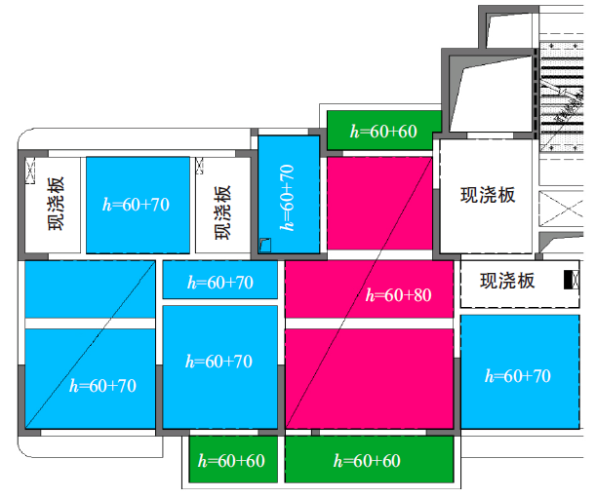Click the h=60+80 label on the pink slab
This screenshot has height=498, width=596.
pos(398,294)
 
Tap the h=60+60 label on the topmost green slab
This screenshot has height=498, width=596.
pos(383,131)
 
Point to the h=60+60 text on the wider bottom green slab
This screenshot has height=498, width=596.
pos(366,460)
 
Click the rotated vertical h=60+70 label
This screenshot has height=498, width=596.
pos(287,196)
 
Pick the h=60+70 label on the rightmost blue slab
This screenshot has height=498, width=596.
pos(517,375)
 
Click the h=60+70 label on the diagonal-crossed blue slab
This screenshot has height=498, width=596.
pos(103,385)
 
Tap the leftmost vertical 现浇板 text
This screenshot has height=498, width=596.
pos(56,204)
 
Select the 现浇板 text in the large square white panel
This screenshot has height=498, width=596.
pos(488,195)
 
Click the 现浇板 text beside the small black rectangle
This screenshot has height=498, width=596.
pos(507,281)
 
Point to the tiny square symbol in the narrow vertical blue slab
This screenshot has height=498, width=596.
pos(264,246)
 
